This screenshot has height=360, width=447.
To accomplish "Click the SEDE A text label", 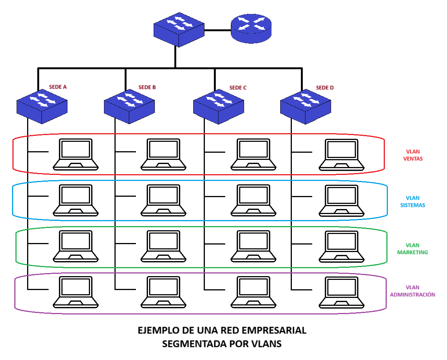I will (x=58, y=87).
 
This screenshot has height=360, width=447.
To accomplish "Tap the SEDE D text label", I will (x=325, y=88).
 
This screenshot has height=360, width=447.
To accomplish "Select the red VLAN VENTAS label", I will (x=413, y=155).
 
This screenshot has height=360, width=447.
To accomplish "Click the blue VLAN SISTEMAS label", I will (x=413, y=202).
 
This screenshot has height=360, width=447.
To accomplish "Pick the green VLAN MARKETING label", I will (x=413, y=249).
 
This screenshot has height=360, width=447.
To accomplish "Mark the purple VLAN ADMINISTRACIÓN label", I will (x=413, y=291).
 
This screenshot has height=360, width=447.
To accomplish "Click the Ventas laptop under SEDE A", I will (x=76, y=154).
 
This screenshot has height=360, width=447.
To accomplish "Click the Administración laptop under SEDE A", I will (x=76, y=292).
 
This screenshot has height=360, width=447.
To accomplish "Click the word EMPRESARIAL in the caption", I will (x=274, y=331).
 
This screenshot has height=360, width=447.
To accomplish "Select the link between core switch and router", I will (x=218, y=30).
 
